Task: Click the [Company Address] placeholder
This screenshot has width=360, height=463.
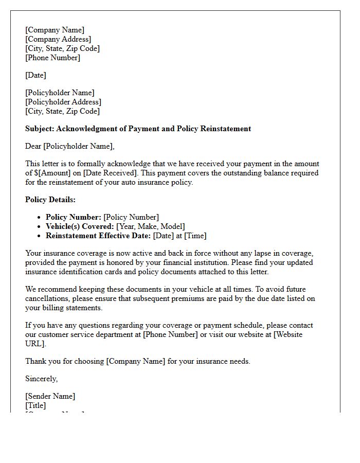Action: pyautogui.click(x=58, y=39)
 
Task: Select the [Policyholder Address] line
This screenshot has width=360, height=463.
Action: pyautogui.click(x=63, y=102)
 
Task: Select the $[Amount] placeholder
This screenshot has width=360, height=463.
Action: pyautogui.click(x=50, y=173)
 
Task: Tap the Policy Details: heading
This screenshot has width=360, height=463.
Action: pyautogui.click(x=50, y=200)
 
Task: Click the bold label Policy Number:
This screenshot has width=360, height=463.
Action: pyautogui.click(x=74, y=217)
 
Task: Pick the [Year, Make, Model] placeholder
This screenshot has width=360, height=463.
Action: pyautogui.click(x=151, y=226)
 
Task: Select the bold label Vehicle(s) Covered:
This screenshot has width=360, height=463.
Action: pyautogui.click(x=80, y=226)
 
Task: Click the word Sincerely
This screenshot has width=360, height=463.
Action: pyautogui.click(x=41, y=379)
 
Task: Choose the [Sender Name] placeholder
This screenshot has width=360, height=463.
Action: pyautogui.click(x=50, y=396)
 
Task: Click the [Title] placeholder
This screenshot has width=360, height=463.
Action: pyautogui.click(x=35, y=405)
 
